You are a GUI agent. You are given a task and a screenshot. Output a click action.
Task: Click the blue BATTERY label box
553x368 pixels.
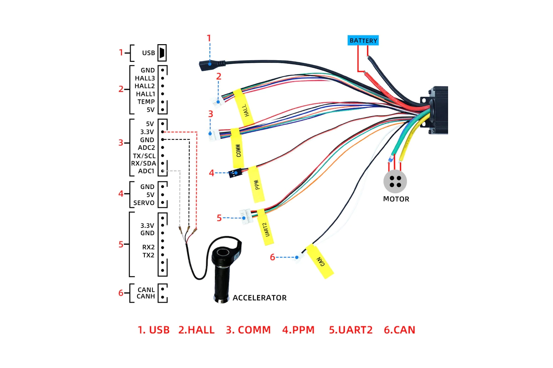pos(363,40)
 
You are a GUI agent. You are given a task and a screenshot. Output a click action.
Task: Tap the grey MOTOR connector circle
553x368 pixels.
pos(395,182)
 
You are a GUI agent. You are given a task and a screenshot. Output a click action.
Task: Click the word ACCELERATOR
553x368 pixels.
pos(259,298)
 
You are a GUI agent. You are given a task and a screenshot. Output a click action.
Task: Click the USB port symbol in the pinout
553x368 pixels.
pos(162,53)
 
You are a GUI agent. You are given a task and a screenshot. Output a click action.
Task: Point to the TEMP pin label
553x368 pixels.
pos(146,102)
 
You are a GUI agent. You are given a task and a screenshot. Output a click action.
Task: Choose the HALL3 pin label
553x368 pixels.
pos(145,78)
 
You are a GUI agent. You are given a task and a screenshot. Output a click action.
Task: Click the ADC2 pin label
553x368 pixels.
pos(146,148)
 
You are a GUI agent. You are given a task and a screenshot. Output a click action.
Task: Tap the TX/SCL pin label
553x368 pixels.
pos(144,156)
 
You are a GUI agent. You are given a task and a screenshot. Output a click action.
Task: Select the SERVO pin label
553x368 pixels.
pos(144,203)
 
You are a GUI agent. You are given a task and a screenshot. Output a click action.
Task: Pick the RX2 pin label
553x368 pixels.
pos(148,247)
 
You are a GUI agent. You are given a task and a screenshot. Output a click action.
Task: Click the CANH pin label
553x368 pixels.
pos(146,296)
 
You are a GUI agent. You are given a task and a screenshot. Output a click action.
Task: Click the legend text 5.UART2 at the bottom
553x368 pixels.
pos(351,330)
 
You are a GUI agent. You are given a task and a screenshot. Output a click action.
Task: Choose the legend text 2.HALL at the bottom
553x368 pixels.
pos(196,330)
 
